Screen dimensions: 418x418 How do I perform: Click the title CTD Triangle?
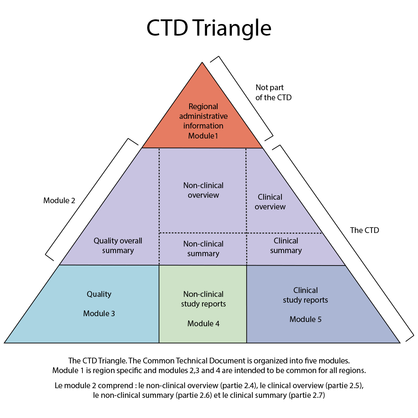[x=209, y=28]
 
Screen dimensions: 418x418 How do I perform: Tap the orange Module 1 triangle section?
[x=202, y=97]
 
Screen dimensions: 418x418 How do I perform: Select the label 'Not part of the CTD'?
[x=273, y=93]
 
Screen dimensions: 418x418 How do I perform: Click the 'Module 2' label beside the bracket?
[x=59, y=200]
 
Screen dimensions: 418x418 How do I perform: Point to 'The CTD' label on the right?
[x=364, y=230]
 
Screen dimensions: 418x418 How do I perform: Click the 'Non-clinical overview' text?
[x=203, y=190]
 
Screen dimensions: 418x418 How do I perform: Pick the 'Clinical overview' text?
[x=270, y=202]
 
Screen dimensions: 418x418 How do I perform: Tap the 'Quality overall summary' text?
[x=118, y=245]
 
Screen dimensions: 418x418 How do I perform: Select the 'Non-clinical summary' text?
[x=203, y=248]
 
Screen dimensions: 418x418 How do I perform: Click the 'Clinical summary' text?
[x=286, y=245]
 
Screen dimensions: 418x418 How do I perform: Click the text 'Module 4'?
[x=203, y=323]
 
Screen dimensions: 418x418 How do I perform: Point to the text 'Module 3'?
[x=99, y=313]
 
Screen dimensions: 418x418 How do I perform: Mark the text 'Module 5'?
[x=305, y=319]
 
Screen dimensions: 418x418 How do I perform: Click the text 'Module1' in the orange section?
[x=203, y=135]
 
